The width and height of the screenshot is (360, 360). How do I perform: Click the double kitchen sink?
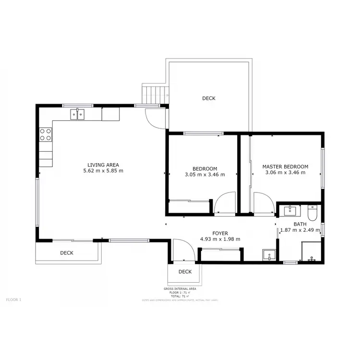(x=77, y=114)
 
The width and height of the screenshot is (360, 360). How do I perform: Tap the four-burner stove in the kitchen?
(x=46, y=134)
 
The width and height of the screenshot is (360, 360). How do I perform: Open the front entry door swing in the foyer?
(x=183, y=251)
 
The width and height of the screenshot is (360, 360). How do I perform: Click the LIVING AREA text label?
(x=103, y=164)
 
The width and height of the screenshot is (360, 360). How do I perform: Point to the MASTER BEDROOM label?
(x=285, y=167)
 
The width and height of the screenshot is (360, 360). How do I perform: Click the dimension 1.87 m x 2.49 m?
(x=300, y=230)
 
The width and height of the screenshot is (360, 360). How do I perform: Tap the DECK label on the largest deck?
(x=208, y=98)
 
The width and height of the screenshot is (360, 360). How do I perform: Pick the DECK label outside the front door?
(x=185, y=272)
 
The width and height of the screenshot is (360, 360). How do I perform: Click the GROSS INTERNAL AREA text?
(x=180, y=289)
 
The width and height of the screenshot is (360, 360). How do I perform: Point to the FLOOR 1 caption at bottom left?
(x=13, y=299)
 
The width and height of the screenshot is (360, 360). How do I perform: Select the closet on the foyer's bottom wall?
(x=220, y=255)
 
